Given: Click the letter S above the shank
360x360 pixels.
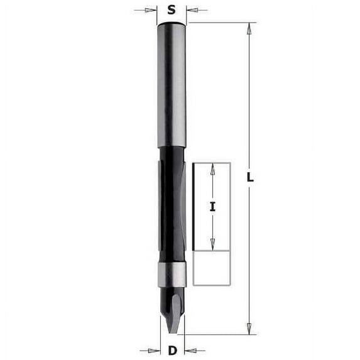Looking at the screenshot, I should point(172,10).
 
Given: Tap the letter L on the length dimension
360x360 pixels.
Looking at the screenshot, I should point(250,178).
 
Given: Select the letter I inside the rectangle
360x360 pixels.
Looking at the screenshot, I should point(213,206).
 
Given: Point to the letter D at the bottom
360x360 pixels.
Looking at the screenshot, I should point(172,351).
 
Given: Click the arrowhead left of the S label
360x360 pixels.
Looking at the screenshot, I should point(151,10).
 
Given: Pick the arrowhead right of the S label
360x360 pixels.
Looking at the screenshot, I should point(192,10).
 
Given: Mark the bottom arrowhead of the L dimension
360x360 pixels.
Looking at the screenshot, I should point(250,328).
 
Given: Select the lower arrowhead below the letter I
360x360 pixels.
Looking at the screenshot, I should point(213,246).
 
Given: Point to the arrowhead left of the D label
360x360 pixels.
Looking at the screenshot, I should point(151,351).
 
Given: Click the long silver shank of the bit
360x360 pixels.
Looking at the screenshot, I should point(172,88).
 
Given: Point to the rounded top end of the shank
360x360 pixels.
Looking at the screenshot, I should point(172,24).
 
